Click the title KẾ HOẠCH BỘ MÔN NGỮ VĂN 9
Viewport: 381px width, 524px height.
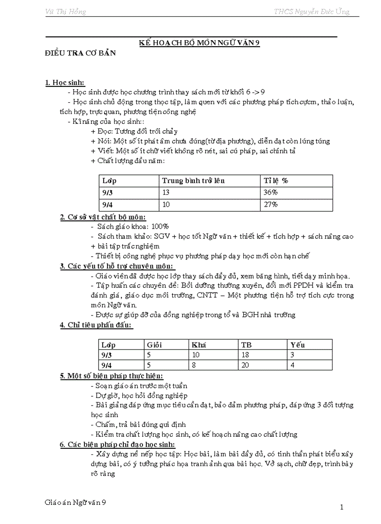pos(199,42)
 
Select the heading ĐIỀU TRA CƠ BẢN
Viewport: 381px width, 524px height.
pos(80,53)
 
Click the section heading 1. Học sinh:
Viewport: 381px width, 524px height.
pos(65,83)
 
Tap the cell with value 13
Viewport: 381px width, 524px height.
pos(166,192)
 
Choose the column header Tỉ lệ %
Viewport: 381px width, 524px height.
pos(276,181)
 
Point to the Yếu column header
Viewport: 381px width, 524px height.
pos(297,345)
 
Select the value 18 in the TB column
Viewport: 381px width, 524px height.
pos(245,355)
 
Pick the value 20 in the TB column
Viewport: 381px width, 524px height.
pos(245,365)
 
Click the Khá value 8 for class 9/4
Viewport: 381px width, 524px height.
pos(194,365)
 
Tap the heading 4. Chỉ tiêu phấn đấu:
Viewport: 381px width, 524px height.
pos(96,325)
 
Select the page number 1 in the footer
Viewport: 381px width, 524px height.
pos(342,507)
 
